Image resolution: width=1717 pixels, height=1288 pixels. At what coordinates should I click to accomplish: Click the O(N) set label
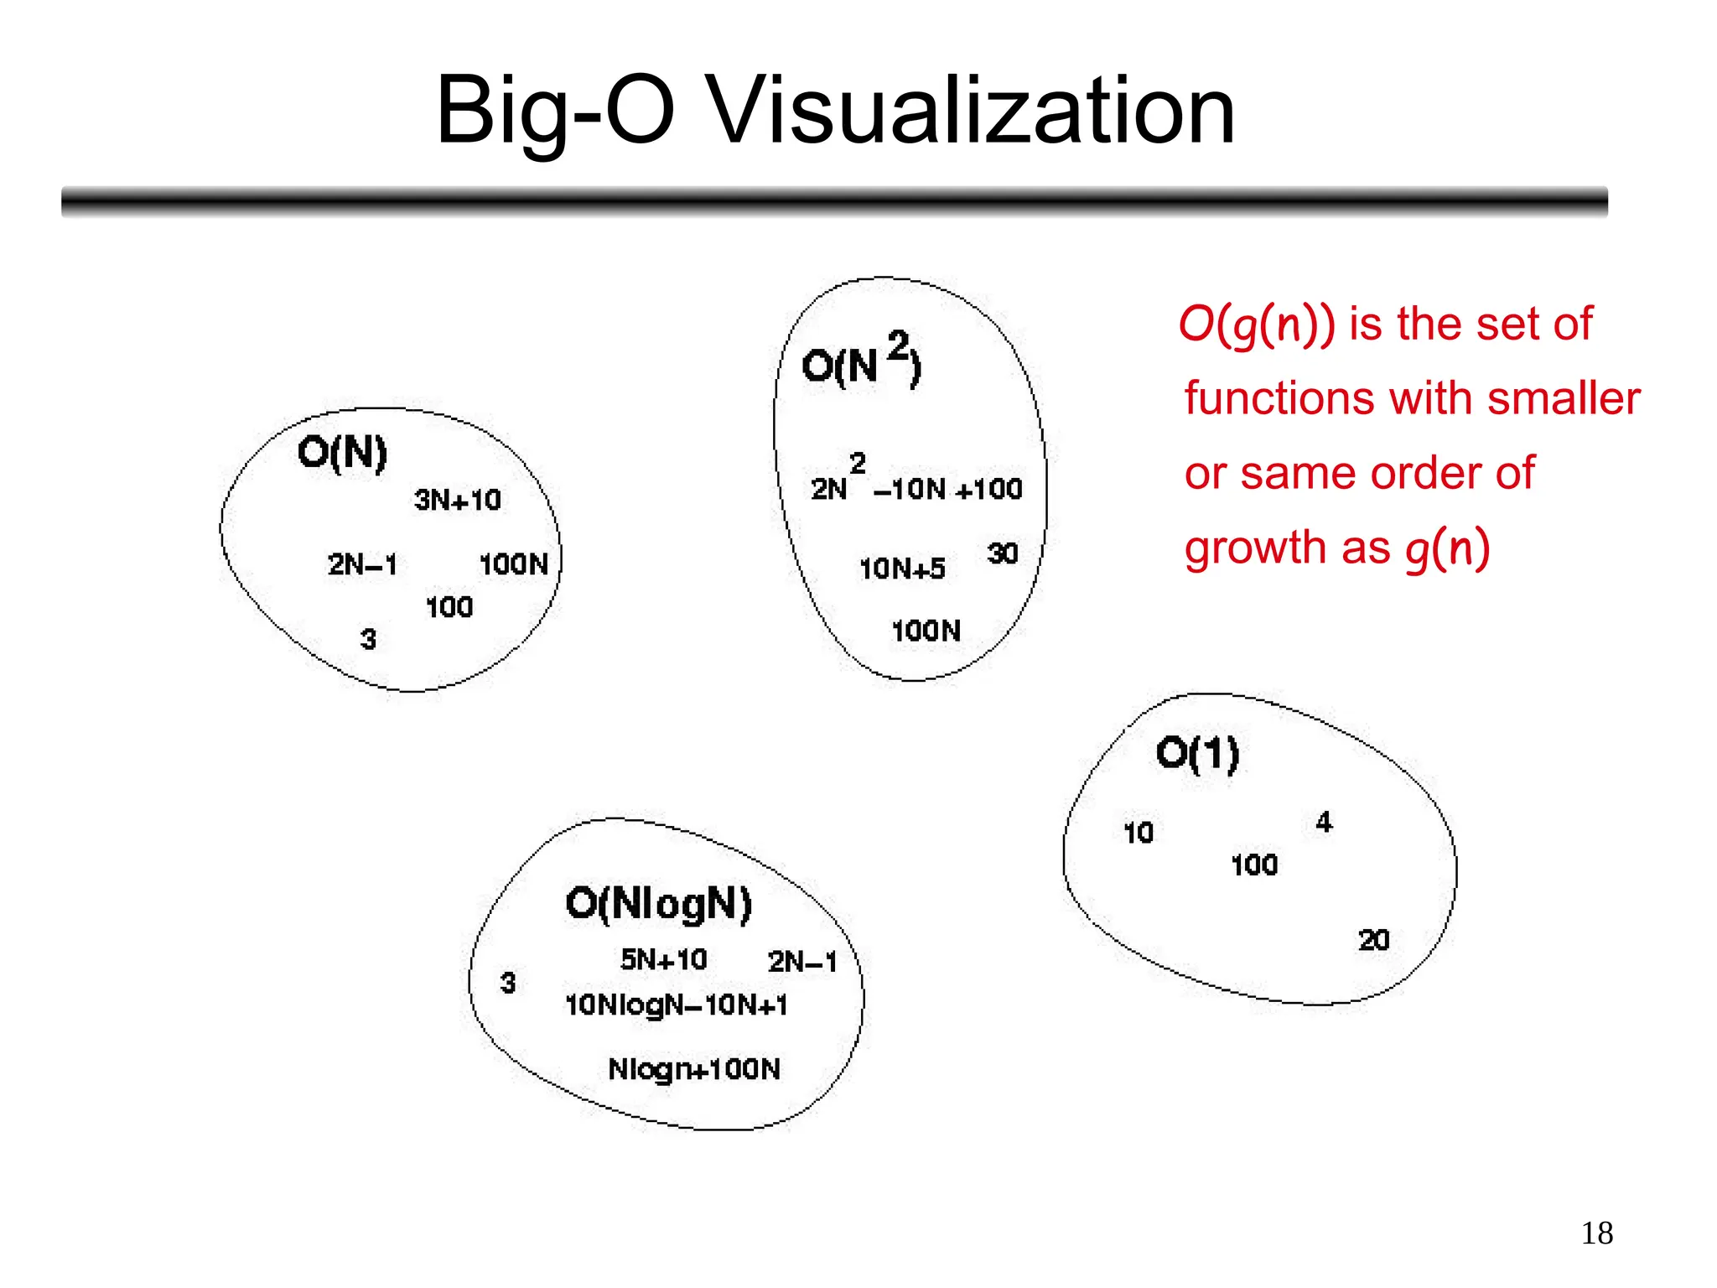click(x=342, y=454)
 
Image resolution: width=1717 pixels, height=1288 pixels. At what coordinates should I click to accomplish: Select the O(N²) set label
click(x=861, y=362)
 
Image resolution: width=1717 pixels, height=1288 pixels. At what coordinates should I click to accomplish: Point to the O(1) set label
click(x=1197, y=754)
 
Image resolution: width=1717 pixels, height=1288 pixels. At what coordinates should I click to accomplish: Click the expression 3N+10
click(x=458, y=501)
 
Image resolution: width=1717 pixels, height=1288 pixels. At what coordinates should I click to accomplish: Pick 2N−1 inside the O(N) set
click(x=362, y=564)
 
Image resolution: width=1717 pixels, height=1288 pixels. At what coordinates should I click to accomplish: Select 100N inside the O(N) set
click(x=514, y=564)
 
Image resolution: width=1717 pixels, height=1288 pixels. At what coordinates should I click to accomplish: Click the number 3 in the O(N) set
click(x=368, y=640)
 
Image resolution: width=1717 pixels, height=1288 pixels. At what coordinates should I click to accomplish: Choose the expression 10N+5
click(x=902, y=569)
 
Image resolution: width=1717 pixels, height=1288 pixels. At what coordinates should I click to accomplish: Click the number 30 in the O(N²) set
click(x=1003, y=553)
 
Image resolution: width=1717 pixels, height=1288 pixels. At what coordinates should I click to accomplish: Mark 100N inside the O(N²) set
click(x=926, y=631)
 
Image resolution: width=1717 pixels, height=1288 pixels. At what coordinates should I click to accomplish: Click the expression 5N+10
click(x=664, y=959)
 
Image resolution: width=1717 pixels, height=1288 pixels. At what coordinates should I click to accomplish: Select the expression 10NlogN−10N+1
click(x=677, y=1005)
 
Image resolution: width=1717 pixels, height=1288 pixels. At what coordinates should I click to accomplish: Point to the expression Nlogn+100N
click(x=694, y=1070)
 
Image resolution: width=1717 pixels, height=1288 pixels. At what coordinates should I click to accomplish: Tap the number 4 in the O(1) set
click(x=1324, y=823)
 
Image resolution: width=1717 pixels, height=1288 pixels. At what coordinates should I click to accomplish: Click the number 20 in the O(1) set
click(x=1374, y=940)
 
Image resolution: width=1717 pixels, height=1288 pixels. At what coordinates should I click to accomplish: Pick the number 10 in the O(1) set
click(x=1139, y=833)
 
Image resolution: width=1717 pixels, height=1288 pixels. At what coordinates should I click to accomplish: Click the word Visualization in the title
click(x=973, y=111)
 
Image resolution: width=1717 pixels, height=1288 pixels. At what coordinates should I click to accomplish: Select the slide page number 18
click(x=1597, y=1233)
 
